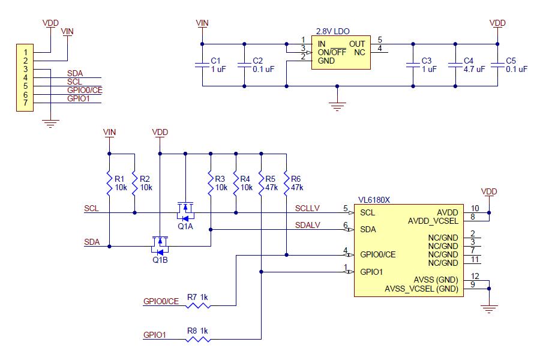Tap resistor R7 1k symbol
[198, 305]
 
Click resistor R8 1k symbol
[198, 340]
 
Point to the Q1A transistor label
[185, 227]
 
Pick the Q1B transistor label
[160, 260]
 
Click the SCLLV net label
[307, 208]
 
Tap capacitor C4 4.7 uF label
[464, 65]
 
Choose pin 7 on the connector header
[25, 103]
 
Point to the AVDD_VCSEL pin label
[433, 220]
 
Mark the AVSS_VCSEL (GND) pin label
[421, 289]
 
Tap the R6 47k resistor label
[297, 183]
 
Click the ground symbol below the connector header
[51, 124]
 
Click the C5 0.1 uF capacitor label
[516, 65]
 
